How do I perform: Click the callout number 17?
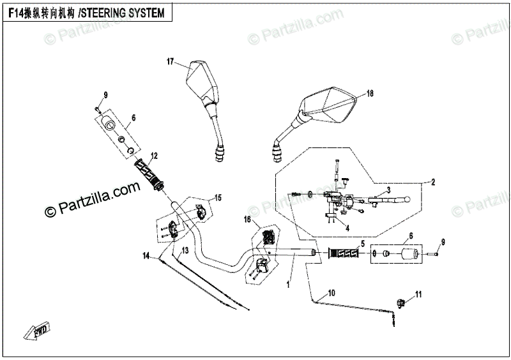pos(171,61)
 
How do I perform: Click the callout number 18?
pos(369,93)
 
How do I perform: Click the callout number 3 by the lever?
pos(388,191)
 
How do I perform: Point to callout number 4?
pos(347,228)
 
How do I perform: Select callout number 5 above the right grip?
pos(362,243)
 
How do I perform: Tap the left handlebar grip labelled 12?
pos(149,174)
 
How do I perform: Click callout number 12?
pos(154,155)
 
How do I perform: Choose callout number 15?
pos(217,197)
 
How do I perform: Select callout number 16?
pos(247,220)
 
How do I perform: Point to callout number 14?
pos(146,256)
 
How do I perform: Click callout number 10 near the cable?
pos(331,294)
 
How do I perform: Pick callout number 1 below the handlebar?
pos(288,284)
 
